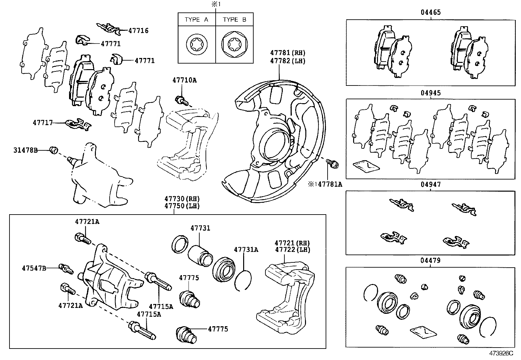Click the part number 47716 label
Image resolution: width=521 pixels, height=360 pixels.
point(138,31)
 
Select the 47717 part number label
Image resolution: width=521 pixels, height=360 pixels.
point(43,123)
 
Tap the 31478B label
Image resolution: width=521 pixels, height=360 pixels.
point(26,150)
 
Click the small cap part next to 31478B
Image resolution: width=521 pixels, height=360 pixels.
point(54,150)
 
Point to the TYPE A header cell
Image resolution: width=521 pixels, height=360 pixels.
point(196,20)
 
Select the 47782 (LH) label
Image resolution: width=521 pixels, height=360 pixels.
point(288,61)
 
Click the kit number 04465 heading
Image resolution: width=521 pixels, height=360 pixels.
point(431,12)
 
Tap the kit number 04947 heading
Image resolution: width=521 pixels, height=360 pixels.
point(431,184)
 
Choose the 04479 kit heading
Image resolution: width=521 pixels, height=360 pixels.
point(431,261)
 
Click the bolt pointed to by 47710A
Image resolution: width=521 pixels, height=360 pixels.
point(181,100)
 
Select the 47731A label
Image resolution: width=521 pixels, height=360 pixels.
point(246,250)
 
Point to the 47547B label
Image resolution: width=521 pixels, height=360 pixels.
point(34,268)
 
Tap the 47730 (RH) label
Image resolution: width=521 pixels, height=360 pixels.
point(182,199)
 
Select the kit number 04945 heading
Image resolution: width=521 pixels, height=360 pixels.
point(431,93)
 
